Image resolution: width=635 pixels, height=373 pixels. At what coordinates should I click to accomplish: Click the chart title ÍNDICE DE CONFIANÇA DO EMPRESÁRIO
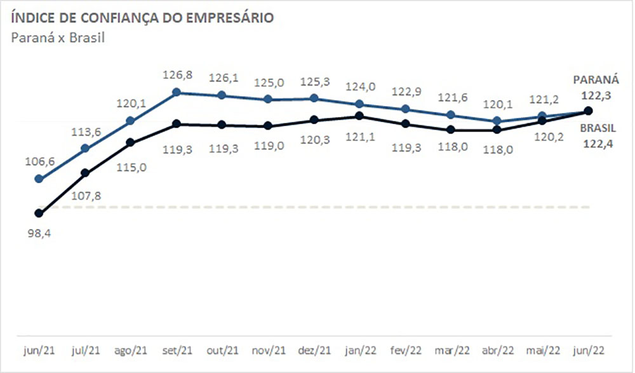click(x=143, y=18)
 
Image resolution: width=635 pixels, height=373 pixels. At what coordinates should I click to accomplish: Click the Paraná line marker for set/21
click(x=177, y=92)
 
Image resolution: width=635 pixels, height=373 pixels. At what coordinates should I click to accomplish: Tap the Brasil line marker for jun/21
click(x=39, y=213)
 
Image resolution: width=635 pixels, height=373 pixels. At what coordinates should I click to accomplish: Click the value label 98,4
click(x=39, y=234)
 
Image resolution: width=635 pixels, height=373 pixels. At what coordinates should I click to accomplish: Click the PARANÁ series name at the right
click(x=595, y=81)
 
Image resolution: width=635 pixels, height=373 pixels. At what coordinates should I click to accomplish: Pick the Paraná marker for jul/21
click(x=84, y=149)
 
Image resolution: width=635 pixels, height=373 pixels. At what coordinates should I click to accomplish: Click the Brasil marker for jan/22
click(x=359, y=116)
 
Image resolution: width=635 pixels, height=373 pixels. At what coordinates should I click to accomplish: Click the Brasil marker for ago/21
click(x=130, y=142)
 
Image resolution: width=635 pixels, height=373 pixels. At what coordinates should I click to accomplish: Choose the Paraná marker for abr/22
click(x=497, y=121)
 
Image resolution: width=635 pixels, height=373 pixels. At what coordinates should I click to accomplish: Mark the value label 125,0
click(x=268, y=82)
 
